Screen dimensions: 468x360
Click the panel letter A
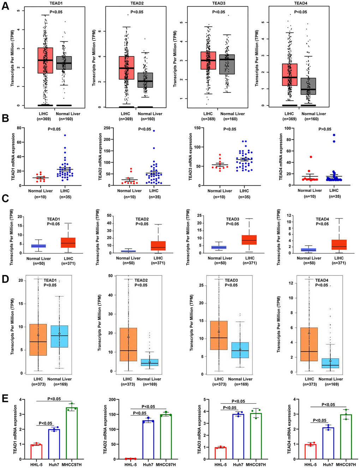tap(5, 6)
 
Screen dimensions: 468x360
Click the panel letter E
tap(5, 398)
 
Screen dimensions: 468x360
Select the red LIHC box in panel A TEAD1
tap(45, 60)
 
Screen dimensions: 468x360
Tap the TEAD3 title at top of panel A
tap(218, 3)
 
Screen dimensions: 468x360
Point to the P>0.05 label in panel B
tap(325, 129)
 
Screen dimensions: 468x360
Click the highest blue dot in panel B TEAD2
tap(154, 131)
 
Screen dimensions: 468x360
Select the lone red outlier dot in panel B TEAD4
tap(311, 157)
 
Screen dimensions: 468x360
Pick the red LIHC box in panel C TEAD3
tap(249, 240)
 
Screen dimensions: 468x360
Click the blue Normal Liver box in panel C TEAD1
tap(38, 246)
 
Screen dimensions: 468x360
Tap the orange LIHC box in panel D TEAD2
tap(128, 344)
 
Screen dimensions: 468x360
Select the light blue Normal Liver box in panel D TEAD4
tap(330, 363)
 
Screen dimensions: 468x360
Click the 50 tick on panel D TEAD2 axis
tap(110, 276)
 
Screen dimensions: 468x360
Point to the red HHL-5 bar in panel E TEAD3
tap(221, 453)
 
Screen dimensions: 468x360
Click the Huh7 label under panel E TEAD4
tap(328, 464)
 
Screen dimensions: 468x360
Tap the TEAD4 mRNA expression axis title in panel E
tap(289, 429)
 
